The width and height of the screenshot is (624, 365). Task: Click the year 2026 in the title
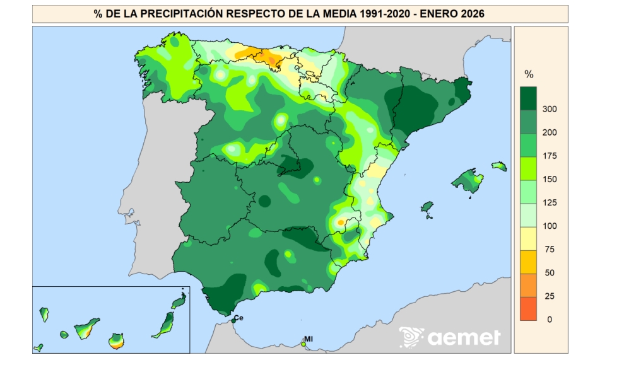point(471,13)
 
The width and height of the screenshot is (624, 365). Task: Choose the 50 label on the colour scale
point(550,273)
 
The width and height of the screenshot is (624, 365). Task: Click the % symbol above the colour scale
point(529,75)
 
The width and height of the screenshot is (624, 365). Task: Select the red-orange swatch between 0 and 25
point(528,308)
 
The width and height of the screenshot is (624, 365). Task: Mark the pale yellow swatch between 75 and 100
point(528,238)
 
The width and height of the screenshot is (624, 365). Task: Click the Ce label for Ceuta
point(238,317)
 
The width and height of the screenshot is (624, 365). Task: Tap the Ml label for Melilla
point(309,339)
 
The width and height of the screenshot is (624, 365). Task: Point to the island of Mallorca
point(468,181)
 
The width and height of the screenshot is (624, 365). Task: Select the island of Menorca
point(499,166)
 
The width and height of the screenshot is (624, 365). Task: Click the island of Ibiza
point(428,207)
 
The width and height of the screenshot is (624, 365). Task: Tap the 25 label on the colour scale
point(550,296)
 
